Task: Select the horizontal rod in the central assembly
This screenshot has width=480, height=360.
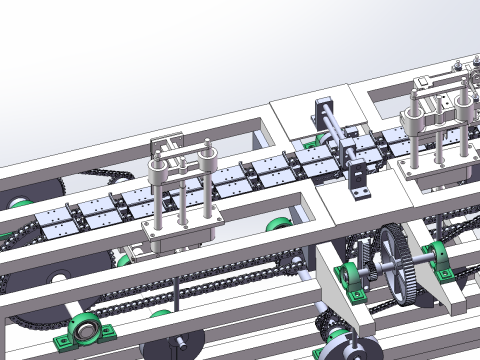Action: click(340, 129)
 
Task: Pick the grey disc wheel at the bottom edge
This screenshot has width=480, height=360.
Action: click(350, 350)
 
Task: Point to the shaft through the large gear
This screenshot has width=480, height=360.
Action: click(420, 262)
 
